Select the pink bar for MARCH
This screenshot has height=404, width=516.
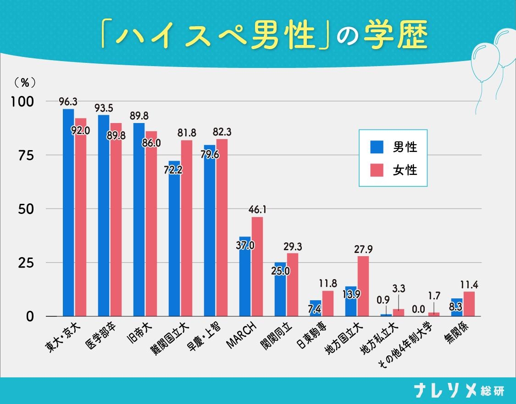point(257,266)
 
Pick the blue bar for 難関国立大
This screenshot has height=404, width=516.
point(174,239)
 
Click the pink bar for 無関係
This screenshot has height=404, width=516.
point(469,304)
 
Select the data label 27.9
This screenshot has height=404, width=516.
point(363,249)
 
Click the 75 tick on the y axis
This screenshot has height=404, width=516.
point(27,155)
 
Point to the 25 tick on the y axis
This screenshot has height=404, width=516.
point(27,263)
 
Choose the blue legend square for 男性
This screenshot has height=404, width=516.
point(377,147)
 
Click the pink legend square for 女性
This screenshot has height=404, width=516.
point(377,170)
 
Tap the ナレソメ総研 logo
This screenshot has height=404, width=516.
point(459,390)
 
